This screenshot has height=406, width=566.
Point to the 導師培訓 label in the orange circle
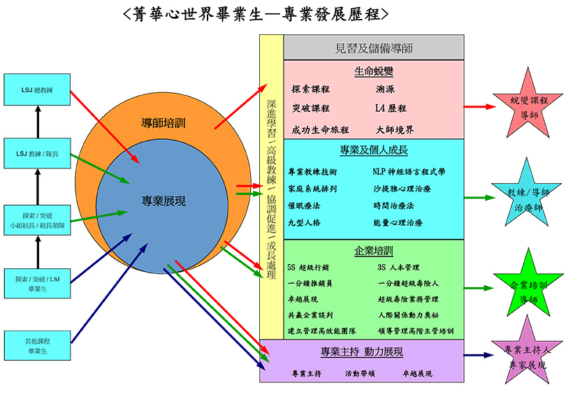pyautogui.click(x=164, y=124)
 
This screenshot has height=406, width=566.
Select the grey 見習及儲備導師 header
pyautogui.click(x=374, y=48)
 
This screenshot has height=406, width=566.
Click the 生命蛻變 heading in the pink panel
pyautogui.click(x=374, y=71)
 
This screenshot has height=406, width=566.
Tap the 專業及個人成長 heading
pyautogui.click(x=374, y=150)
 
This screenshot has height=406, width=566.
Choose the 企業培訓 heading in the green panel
pyautogui.click(x=374, y=250)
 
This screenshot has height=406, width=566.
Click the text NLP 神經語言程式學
pyautogui.click(x=409, y=171)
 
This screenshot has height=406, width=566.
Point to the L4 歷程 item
pyautogui.click(x=391, y=108)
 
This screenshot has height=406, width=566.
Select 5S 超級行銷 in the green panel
pyautogui.click(x=308, y=267)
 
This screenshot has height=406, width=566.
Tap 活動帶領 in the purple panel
pyautogui.click(x=361, y=374)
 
